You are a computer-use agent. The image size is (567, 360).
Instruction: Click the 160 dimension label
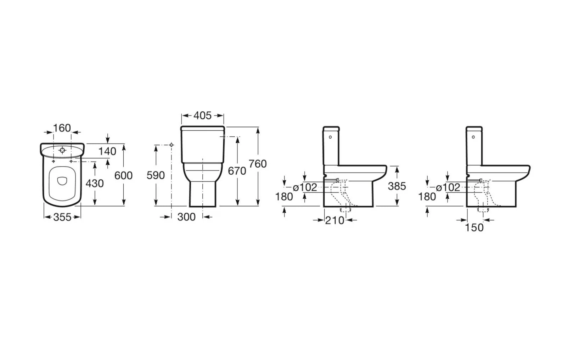pos(62,128)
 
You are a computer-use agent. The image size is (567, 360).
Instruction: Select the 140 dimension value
pos(107,151)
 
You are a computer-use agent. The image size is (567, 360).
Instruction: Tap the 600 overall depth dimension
pos(123,175)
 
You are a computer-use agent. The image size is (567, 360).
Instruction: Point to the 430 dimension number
pos(95,184)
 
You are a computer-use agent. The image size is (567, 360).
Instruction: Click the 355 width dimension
pos(62,217)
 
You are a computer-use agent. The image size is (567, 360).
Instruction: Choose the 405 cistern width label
pos(202,116)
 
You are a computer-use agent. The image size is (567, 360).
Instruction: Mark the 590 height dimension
pos(156,175)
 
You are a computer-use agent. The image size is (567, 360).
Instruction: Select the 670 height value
pos(237,171)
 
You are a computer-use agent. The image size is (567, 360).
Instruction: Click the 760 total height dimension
pos(258,164)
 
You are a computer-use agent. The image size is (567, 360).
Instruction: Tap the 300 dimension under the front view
pos(186,217)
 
